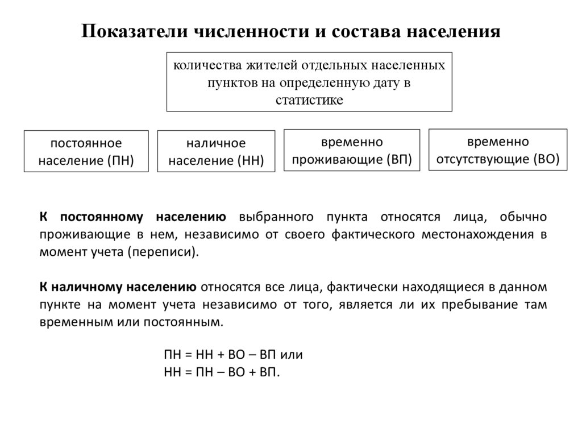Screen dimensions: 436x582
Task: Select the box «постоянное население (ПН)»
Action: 86,151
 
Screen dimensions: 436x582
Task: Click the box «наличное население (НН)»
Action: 216,151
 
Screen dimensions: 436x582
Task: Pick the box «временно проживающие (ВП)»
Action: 351,150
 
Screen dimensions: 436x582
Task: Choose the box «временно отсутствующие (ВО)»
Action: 497,150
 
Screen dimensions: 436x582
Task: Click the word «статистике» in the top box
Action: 309,101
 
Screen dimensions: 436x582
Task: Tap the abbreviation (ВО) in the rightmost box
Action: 546,159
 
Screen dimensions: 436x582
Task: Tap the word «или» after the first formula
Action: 291,355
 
